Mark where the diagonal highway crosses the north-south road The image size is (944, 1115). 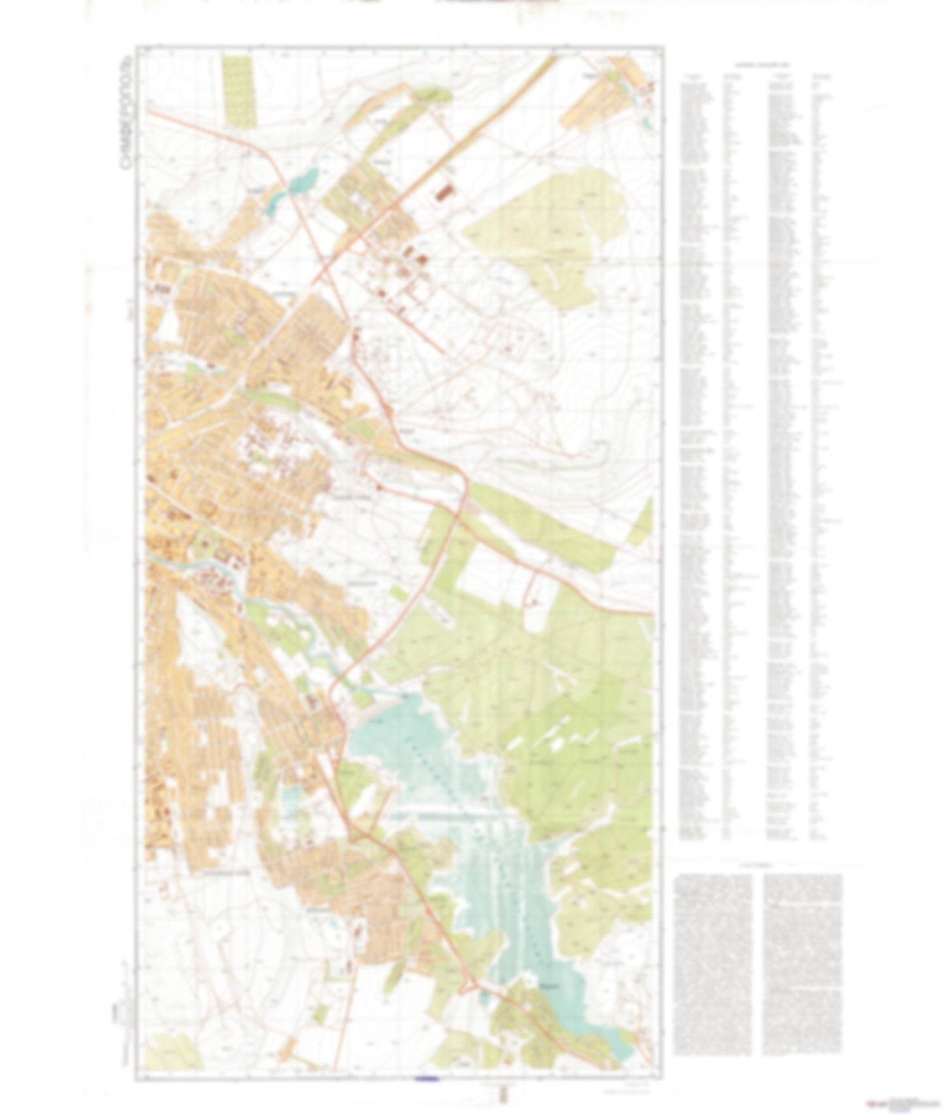click(x=322, y=272)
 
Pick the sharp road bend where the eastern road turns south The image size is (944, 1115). click(x=465, y=480)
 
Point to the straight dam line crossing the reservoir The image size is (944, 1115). click(x=451, y=815)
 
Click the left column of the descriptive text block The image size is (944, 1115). click(x=713, y=961)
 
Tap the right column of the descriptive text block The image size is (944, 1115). click(x=802, y=961)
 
